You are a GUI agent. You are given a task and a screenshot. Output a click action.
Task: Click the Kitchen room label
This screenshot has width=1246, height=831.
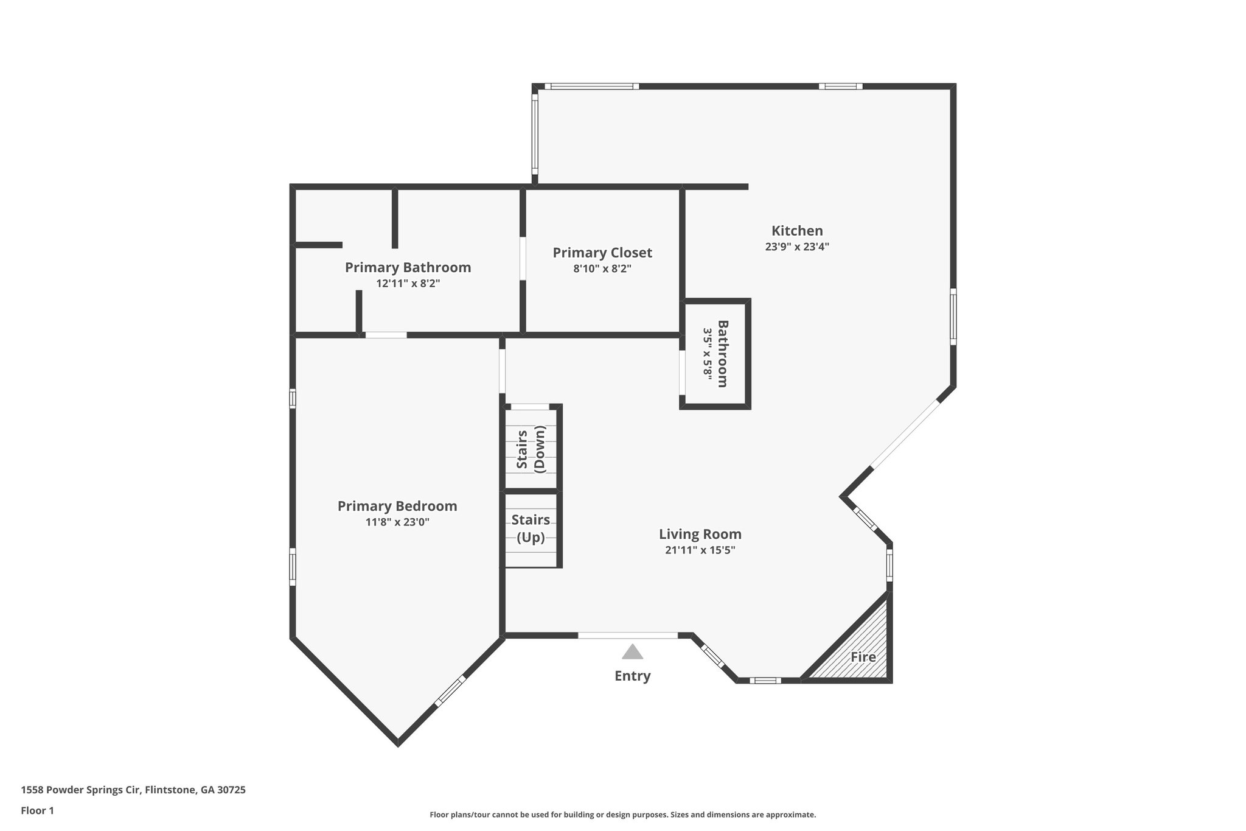click(797, 231)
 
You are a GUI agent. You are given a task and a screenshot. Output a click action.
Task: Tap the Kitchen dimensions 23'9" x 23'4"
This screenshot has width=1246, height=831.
click(797, 247)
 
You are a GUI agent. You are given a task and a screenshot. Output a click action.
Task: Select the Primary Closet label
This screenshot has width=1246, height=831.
click(602, 253)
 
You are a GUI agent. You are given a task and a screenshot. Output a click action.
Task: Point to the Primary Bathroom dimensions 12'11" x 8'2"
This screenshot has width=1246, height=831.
click(408, 284)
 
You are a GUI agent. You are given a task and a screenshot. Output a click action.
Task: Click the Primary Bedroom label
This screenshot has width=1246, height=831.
click(397, 506)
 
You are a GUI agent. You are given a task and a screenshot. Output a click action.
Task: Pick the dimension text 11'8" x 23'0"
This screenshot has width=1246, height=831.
click(397, 522)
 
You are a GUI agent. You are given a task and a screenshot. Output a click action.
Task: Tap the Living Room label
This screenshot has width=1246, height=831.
click(700, 534)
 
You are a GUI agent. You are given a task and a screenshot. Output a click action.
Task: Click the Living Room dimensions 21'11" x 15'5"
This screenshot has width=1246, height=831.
click(700, 550)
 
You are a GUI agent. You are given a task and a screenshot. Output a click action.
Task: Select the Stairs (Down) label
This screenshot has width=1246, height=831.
click(531, 449)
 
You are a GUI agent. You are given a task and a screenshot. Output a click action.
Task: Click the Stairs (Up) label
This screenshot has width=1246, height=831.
click(531, 528)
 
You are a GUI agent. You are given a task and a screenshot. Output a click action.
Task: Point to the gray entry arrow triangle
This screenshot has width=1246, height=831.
click(632, 653)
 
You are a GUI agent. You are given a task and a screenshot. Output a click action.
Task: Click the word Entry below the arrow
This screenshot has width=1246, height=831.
click(632, 676)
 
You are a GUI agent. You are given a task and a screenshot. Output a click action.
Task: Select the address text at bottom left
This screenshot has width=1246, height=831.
click(133, 790)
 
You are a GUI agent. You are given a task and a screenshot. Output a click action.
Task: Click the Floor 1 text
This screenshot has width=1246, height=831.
click(37, 810)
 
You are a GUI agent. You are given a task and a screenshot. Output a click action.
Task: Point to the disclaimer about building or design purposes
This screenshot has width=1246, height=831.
click(622, 815)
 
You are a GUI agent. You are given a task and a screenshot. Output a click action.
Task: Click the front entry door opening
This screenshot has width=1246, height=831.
click(627, 636)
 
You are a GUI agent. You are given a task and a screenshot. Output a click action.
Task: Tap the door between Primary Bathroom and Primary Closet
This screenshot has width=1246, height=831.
click(523, 258)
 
